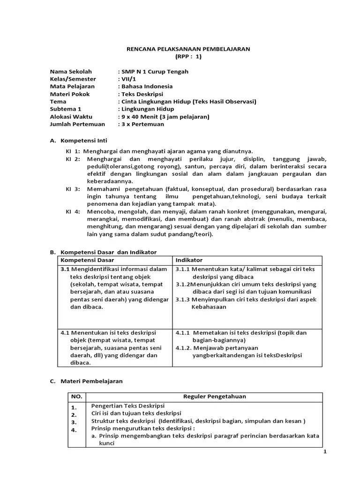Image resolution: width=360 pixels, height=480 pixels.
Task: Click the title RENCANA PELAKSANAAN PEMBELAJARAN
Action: coord(189,49)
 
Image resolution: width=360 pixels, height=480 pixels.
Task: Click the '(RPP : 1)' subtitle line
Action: coord(188,56)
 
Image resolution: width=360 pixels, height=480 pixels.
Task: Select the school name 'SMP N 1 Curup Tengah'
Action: coord(155,72)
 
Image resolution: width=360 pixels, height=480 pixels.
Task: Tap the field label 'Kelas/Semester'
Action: coord(73,79)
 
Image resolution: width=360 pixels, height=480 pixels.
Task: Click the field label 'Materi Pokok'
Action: coord(69,94)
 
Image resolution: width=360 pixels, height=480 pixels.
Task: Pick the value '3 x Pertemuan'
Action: coord(143,124)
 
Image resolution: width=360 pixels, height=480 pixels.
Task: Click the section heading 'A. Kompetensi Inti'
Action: coord(78,140)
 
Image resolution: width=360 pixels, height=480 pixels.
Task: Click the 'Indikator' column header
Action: coord(189,260)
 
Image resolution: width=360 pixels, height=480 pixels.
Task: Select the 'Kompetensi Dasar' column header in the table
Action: coord(87,260)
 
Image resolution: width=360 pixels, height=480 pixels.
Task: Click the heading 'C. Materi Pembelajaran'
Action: coord(86,381)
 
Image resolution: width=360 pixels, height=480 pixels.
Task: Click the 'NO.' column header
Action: coord(76,397)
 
